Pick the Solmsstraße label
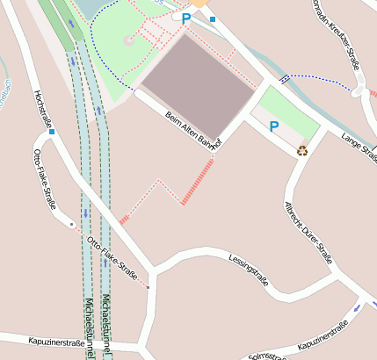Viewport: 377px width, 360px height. tap(267, 355)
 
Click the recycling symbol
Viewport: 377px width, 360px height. tap(302, 150)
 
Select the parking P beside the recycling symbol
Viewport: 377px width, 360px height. tap(273, 127)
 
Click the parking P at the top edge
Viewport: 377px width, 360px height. tap(186, 18)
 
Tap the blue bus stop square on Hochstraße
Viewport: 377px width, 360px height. tap(53, 133)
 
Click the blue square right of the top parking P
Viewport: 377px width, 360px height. tap(213, 18)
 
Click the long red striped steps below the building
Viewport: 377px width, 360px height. tap(198, 182)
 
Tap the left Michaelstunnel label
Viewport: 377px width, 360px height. tap(89, 325)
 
